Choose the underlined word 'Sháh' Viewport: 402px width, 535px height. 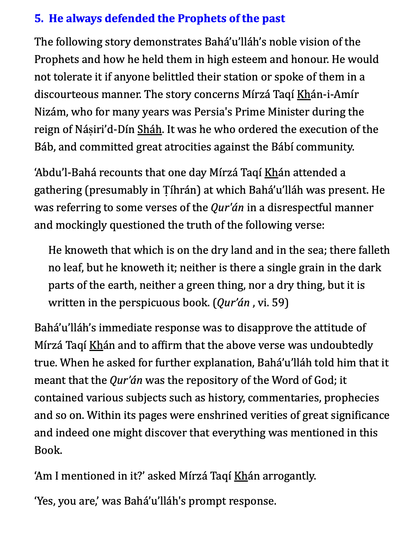click(149, 130)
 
